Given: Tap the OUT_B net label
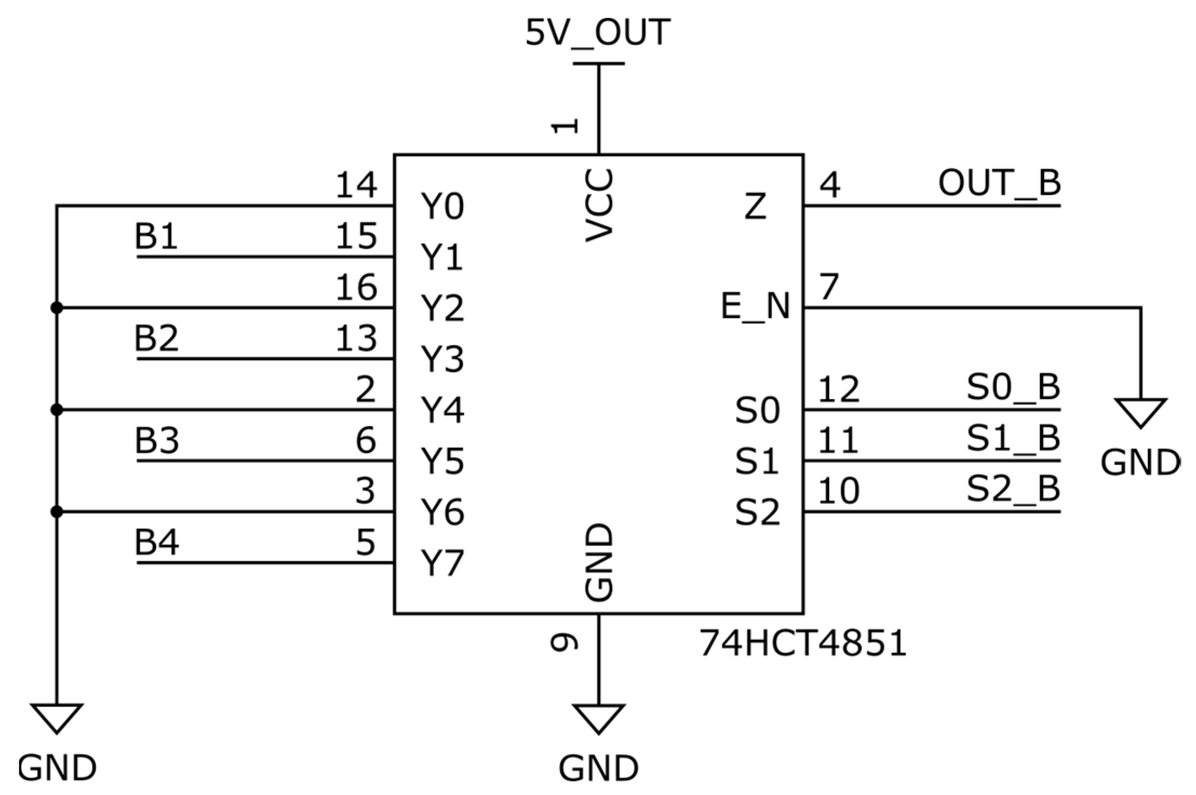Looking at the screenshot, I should click(x=999, y=183).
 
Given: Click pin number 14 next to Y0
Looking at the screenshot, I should click(x=356, y=186).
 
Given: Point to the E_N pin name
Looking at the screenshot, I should click(x=755, y=307).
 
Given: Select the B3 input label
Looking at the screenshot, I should click(x=157, y=440).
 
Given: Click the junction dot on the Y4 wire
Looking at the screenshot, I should click(x=57, y=410).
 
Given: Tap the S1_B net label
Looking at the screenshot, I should click(x=1013, y=438).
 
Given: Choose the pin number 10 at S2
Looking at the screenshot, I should click(x=839, y=491).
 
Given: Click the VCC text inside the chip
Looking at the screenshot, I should click(x=599, y=206).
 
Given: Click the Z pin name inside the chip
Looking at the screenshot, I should click(x=755, y=206).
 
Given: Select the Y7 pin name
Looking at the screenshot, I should click(x=442, y=563).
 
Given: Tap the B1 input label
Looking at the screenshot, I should click(x=156, y=236).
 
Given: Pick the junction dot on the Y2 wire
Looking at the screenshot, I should click(x=57, y=308).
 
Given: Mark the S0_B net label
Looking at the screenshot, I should click(x=1013, y=388).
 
